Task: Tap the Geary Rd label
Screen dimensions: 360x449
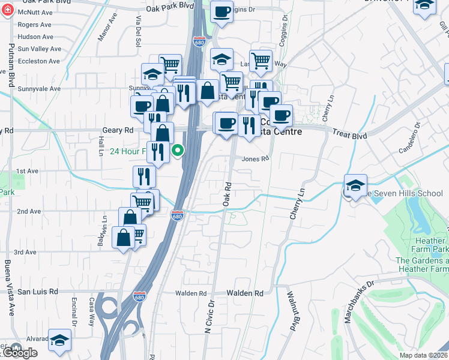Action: click(x=17, y=130)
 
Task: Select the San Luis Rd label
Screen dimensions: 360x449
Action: click(x=37, y=292)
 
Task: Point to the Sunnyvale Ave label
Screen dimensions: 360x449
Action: click(x=39, y=89)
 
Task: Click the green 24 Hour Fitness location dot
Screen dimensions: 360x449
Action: click(x=178, y=151)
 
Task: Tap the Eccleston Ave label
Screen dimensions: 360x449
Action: click(x=39, y=61)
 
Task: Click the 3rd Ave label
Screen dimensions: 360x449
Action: click(x=26, y=253)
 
